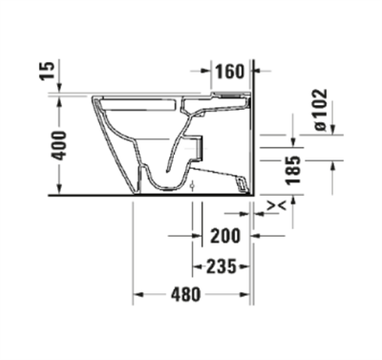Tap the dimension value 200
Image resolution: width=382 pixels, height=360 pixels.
pos(225,236)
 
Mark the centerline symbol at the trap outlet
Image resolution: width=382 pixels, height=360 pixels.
pos(192,185)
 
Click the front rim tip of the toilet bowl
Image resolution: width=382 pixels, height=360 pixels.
pos(93,99)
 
